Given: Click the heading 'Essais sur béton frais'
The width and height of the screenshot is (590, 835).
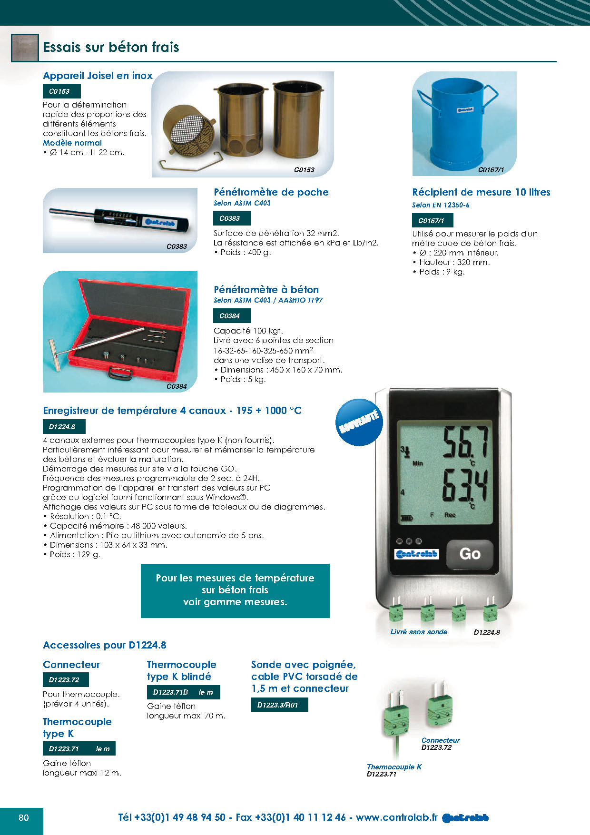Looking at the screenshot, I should coord(111,47).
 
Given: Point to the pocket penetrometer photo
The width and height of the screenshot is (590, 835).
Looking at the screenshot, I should coord(120,220).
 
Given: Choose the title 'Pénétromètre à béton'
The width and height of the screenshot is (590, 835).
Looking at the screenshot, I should coord(266,289).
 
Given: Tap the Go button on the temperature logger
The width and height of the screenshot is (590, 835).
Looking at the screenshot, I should coord(470,554).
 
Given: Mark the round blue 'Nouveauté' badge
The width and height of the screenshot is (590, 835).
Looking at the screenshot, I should coord(359,422).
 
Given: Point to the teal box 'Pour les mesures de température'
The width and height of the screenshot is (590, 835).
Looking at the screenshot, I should coord(235,590).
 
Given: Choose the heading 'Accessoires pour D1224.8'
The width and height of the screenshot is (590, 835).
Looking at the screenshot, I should coord(105,645).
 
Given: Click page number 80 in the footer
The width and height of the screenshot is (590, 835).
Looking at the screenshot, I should coord(24,817).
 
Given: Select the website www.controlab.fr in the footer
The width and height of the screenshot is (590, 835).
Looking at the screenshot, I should coord(396,817).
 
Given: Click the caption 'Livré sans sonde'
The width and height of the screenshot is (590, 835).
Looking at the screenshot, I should coord(419,632).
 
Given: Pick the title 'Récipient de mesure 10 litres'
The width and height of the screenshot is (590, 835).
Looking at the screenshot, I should coord(481,192).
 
